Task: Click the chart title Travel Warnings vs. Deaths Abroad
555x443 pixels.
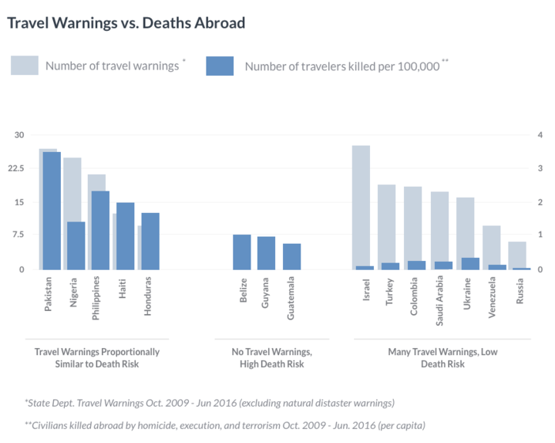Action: (x=126, y=22)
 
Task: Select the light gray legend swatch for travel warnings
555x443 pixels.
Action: (x=24, y=66)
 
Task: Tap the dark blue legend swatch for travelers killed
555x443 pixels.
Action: (x=220, y=66)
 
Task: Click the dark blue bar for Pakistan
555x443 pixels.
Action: (x=52, y=211)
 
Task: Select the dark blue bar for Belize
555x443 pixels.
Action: (x=242, y=252)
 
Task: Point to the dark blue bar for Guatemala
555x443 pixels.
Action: (x=291, y=256)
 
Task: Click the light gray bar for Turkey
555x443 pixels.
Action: (x=386, y=224)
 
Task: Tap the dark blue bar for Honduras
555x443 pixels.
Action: (x=150, y=241)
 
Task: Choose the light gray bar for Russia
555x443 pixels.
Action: (x=517, y=254)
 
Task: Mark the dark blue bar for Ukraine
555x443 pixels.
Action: (x=470, y=263)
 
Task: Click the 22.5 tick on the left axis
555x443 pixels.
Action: (x=16, y=168)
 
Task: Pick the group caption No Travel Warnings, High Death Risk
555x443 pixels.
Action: (x=271, y=357)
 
